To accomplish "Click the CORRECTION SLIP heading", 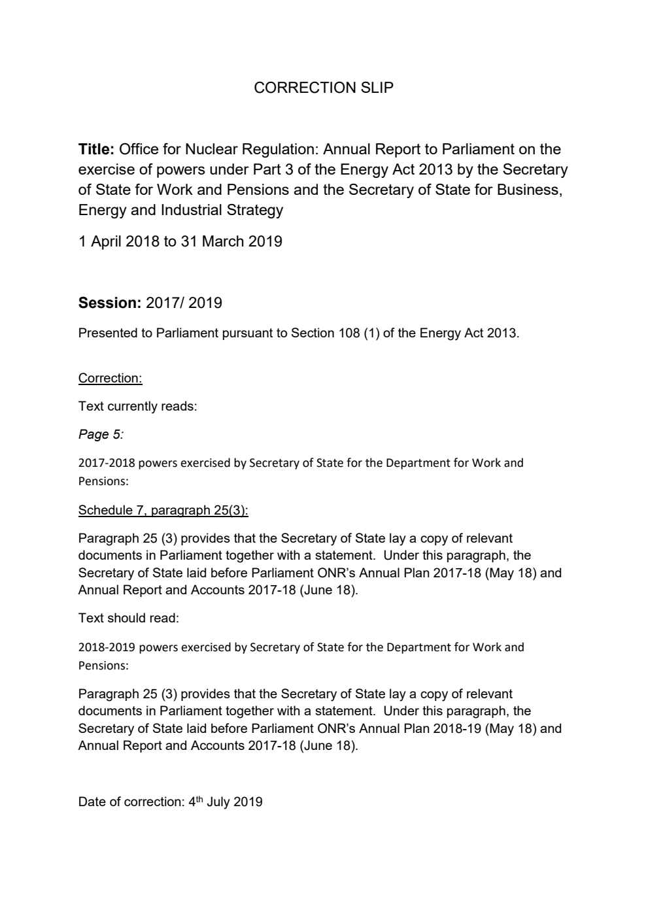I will tap(324, 88).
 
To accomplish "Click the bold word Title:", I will tap(97, 149).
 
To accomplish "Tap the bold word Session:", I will tap(109, 303).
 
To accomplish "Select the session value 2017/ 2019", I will tap(184, 303).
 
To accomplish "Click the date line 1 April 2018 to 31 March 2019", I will tap(180, 241).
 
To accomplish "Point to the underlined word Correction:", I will tap(110, 378).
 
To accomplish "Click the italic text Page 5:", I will tap(101, 434).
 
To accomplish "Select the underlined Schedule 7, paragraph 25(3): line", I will tap(163, 510).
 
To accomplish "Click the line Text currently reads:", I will tap(137, 406).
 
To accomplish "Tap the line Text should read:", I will tap(128, 617).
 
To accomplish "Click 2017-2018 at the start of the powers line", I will tap(106, 463).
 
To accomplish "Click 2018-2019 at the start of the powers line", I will tap(106, 647).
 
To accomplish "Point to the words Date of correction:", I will tap(131, 802).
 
